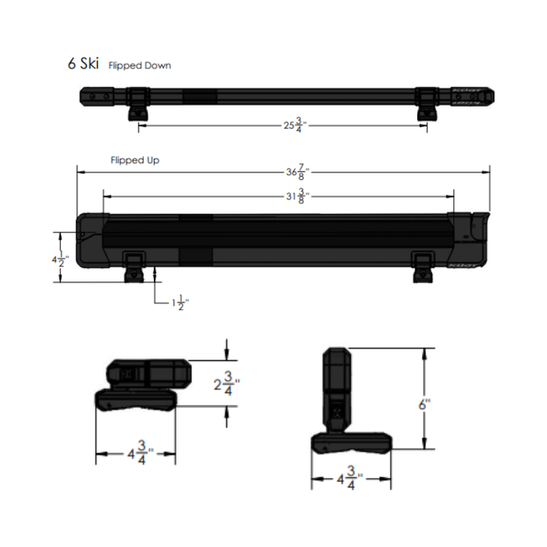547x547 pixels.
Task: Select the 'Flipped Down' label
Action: [x=140, y=66]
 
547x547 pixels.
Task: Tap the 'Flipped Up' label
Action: [x=135, y=160]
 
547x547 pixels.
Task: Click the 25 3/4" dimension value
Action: [x=294, y=125]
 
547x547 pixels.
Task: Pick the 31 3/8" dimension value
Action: [x=295, y=197]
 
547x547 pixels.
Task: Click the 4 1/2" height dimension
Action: [x=60, y=258]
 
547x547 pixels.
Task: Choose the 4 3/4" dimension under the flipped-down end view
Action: [x=135, y=453]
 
